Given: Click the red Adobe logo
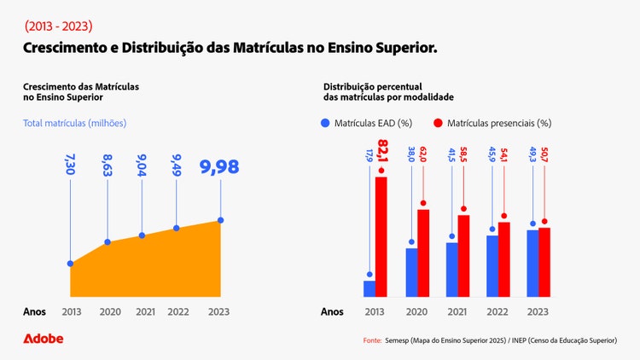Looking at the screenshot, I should pos(43,339).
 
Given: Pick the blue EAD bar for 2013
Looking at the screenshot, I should pos(369,288).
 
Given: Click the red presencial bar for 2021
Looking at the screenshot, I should pos(463,255).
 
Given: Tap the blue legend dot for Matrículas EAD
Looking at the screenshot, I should pos(325,124).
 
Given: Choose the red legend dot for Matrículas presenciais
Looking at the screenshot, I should pos(438,124).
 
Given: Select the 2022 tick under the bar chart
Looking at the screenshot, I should pos(497,311).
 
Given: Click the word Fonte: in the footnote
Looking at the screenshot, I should pos(372,340).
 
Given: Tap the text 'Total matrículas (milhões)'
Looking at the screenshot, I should pos(75,124).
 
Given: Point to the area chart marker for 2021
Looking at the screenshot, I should pos(142,235).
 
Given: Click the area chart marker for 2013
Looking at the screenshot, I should pos(71,264).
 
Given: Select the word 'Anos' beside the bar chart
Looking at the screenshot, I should pos(332,311).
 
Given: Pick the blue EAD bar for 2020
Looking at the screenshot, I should pos(411,272).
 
